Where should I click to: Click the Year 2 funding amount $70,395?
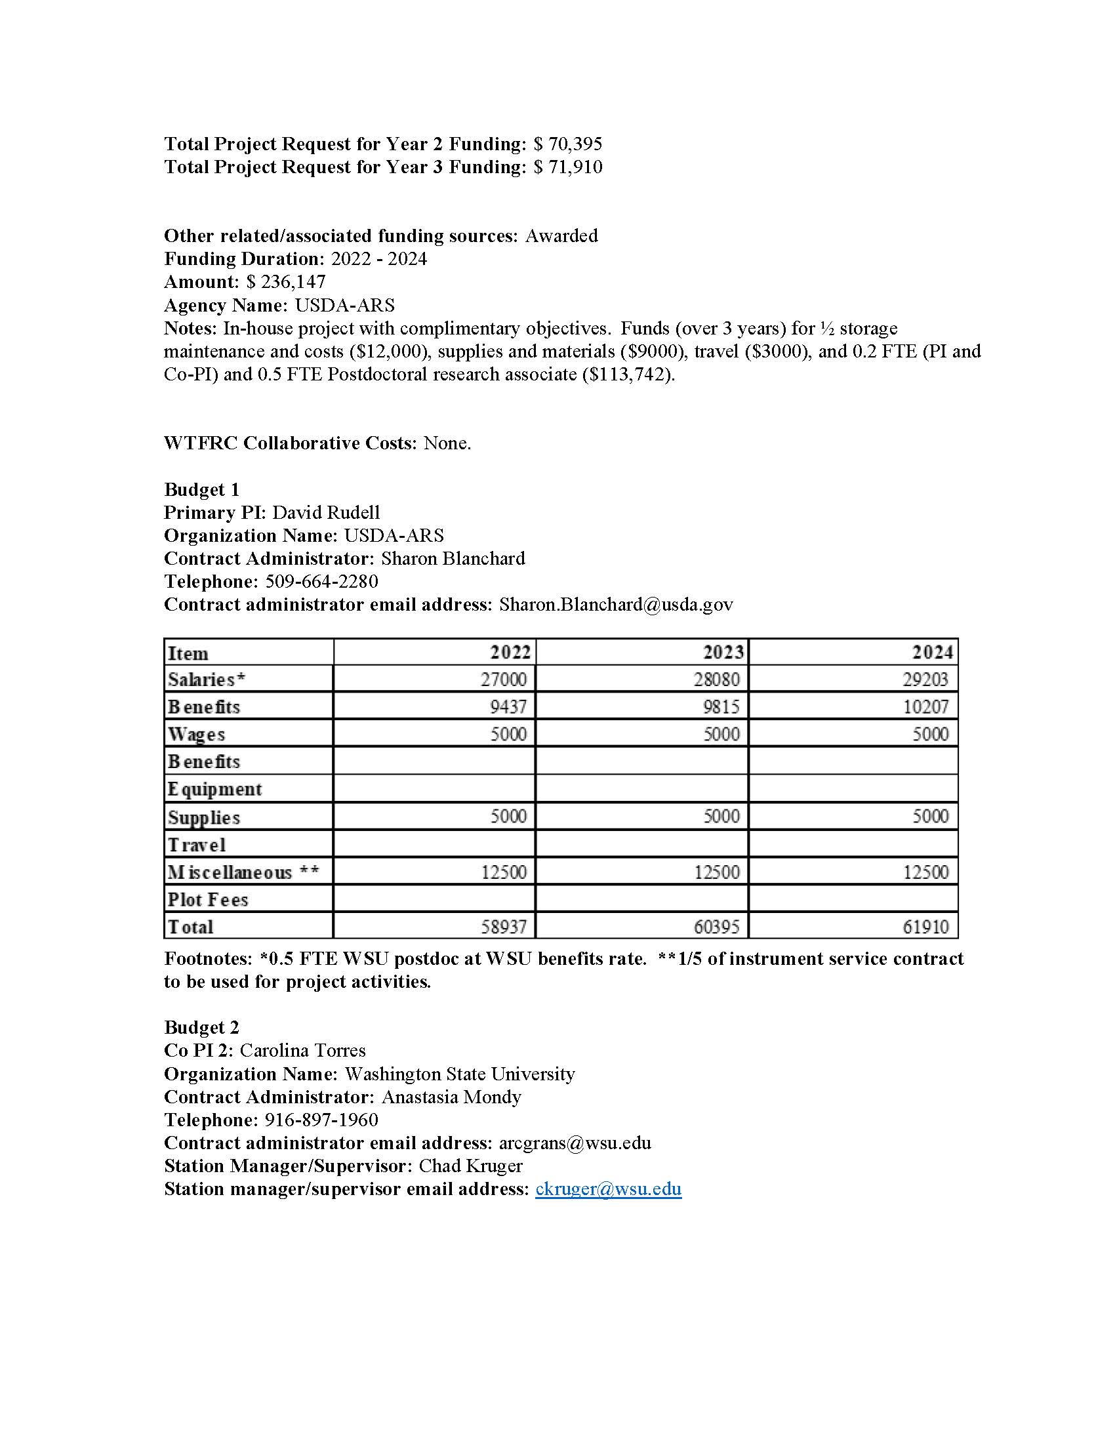568,144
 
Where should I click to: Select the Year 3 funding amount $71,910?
568,167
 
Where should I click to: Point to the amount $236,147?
286,282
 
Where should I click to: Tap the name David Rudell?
327,513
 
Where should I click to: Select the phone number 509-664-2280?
321,581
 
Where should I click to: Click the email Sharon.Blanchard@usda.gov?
616,605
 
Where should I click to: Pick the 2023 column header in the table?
723,653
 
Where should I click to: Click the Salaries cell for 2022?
503,680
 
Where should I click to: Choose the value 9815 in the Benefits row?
721,707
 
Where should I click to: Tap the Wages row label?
196,735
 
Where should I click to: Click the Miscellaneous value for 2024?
925,872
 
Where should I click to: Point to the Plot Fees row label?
207,900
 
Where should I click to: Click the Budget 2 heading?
201,1027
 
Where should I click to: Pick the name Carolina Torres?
302,1051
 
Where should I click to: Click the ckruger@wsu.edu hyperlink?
609,1189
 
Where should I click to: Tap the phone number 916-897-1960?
321,1120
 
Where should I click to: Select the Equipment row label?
214,790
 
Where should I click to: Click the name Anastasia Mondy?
451,1097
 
